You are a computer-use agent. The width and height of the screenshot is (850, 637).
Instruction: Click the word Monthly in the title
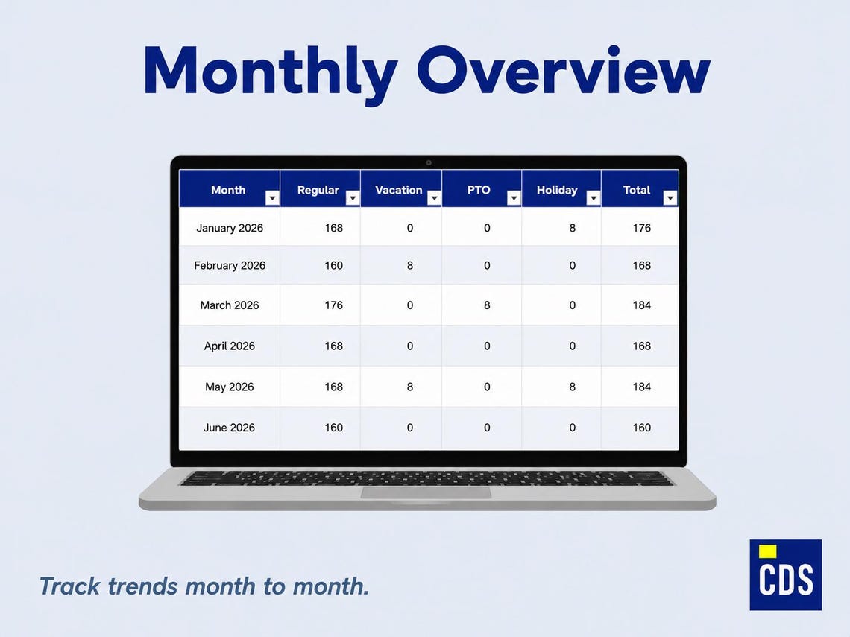pos(271,72)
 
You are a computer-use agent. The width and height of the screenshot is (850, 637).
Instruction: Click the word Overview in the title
pos(564,71)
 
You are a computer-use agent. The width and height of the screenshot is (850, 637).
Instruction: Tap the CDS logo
pos(785,574)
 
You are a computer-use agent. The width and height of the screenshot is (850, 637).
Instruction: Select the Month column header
pos(228,190)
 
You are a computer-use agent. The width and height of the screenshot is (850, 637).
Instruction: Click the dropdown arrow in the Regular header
pos(353,198)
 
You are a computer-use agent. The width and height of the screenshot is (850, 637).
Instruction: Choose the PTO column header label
pos(479,190)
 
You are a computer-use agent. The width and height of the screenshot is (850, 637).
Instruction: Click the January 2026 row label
pos(230,228)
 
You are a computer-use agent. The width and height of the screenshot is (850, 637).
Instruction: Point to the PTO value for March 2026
pos(487,305)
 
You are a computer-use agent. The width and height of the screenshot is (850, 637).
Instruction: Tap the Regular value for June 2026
pos(333,428)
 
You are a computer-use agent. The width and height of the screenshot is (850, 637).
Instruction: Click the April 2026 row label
pos(230,346)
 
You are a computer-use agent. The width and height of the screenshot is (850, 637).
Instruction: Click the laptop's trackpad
pos(426,492)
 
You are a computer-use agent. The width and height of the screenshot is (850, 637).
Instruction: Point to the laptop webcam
pos(429,162)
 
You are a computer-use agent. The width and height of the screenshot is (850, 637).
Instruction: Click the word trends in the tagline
pos(142,586)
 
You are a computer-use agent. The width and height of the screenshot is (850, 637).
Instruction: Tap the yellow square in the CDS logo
pos(767,551)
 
